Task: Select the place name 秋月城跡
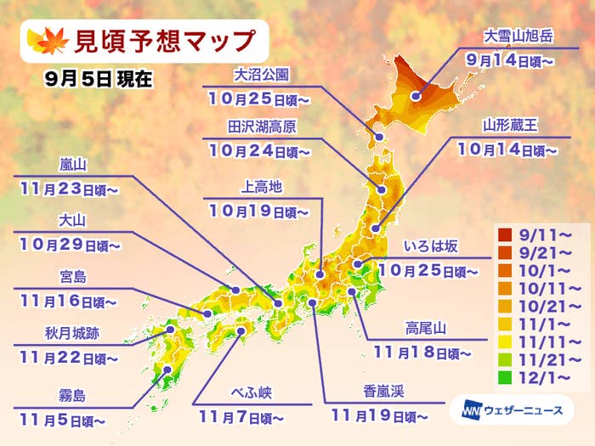[x=68, y=334]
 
